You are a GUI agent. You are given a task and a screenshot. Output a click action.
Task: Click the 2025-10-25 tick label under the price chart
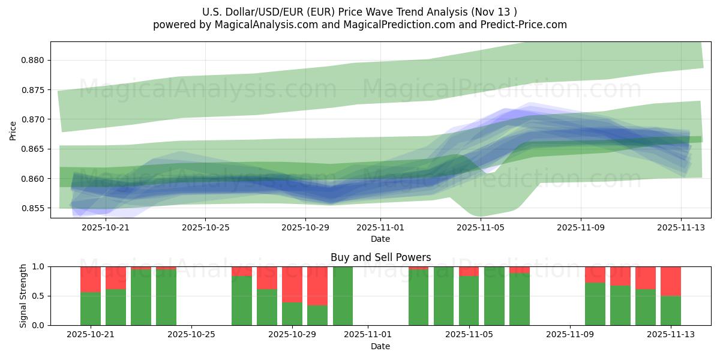[205, 227]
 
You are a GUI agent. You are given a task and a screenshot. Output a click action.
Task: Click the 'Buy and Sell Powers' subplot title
[380, 257]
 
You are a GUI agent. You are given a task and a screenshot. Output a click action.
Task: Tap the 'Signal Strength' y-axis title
[23, 296]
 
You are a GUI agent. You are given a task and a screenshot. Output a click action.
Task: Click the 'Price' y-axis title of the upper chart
[13, 130]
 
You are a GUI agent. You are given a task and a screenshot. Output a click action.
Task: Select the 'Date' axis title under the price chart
[380, 239]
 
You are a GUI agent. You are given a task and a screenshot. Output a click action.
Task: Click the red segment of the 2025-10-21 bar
[91, 279]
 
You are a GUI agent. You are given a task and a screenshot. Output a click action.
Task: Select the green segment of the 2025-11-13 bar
[671, 310]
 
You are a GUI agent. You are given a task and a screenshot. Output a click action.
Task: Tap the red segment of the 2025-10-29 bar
[292, 284]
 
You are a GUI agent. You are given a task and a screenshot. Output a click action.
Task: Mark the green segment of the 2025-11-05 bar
[469, 300]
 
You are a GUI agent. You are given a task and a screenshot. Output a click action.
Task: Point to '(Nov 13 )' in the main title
[493, 11]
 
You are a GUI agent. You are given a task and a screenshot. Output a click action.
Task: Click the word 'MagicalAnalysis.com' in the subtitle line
[262, 25]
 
